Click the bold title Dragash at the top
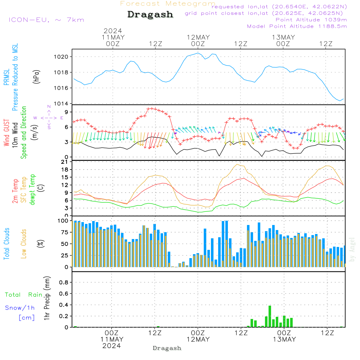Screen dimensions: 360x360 tap(150, 15)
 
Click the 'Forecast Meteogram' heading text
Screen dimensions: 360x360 tap(168, 4)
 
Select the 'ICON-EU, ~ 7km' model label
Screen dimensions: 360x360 tap(46, 20)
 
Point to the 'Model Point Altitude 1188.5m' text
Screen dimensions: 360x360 tap(297, 26)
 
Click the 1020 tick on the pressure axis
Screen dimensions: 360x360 tap(61, 57)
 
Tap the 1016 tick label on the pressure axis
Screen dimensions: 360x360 tap(61, 88)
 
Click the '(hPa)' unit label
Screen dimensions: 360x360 tap(36, 77)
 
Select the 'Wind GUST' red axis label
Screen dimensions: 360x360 tap(6, 132)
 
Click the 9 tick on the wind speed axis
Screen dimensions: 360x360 tap(67, 112)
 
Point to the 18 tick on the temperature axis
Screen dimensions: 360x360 tap(65, 170)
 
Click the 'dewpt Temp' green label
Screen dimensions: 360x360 tap(32, 189)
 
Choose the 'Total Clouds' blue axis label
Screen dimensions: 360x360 tap(6, 244)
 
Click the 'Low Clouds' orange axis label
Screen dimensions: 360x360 tap(23, 244)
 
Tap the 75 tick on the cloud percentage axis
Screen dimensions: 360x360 tap(65, 232)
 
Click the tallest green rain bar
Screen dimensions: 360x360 tap(270, 316)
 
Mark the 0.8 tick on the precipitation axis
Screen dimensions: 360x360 tap(64, 282)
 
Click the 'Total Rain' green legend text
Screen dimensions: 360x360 tap(24, 295)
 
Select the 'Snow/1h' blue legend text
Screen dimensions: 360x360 tap(20, 308)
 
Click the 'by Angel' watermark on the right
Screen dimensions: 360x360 tap(352, 249)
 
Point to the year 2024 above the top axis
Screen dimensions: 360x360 tap(113, 31)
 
